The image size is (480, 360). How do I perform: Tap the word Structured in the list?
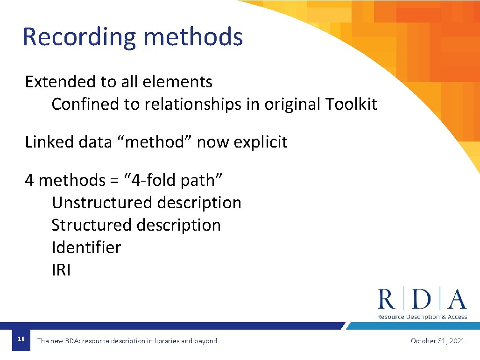pyautogui.click(x=91, y=225)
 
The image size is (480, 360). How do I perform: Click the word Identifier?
pyautogui.click(x=86, y=247)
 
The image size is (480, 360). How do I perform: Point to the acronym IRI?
pyautogui.click(x=61, y=270)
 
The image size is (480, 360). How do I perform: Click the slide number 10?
pyautogui.click(x=21, y=339)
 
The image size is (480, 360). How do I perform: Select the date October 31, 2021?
pyautogui.click(x=438, y=341)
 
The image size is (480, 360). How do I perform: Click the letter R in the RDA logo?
pyautogui.click(x=387, y=300)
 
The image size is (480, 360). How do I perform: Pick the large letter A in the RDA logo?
pyautogui.click(x=457, y=300)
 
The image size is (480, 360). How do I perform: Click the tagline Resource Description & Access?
pyautogui.click(x=422, y=317)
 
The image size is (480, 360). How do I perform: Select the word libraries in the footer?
pyautogui.click(x=163, y=341)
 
